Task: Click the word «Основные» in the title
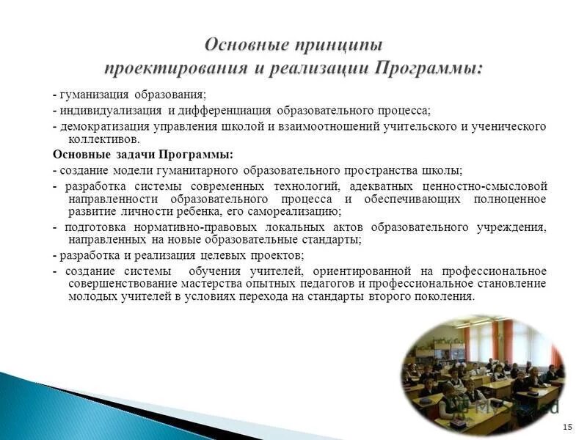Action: click(243, 46)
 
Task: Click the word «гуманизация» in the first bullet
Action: click(94, 95)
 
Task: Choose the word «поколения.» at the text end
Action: click(442, 296)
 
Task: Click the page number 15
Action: click(566, 427)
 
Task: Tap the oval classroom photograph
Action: click(481, 370)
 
